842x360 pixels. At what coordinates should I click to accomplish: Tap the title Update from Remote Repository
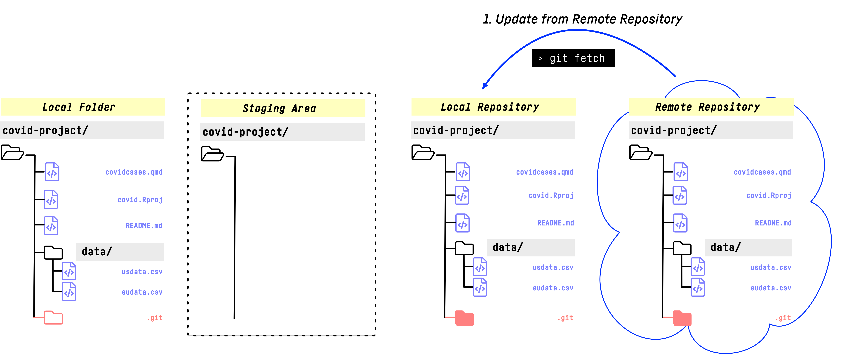click(582, 19)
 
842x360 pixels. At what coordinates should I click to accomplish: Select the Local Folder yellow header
click(83, 107)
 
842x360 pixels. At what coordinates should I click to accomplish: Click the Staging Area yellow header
click(283, 108)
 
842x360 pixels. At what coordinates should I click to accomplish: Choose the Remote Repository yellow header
click(711, 107)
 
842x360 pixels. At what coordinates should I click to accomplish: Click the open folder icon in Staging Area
click(212, 154)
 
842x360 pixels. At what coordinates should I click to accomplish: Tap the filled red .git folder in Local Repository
click(464, 318)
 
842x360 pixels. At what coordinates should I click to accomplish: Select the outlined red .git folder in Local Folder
click(53, 317)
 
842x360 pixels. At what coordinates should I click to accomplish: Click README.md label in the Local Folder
click(144, 226)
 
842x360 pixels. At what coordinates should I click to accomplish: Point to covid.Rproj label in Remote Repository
click(769, 196)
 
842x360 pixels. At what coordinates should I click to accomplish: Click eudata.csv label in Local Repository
click(553, 288)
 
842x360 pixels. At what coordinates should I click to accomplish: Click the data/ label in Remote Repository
click(726, 247)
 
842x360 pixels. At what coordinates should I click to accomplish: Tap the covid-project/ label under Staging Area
click(245, 132)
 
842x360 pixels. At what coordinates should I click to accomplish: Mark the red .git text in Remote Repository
click(783, 318)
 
